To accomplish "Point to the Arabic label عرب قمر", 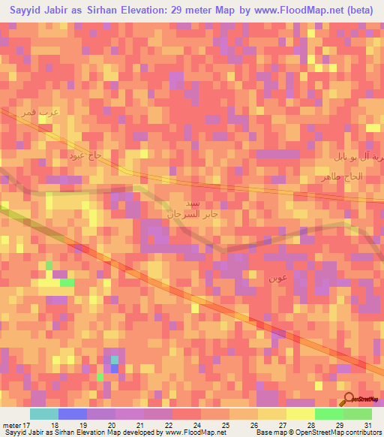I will (61, 113).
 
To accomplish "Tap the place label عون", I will (278, 278).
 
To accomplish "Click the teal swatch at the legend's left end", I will (43, 414).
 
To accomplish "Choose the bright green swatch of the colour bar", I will (328, 414).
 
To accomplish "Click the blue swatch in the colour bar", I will (72, 414).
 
